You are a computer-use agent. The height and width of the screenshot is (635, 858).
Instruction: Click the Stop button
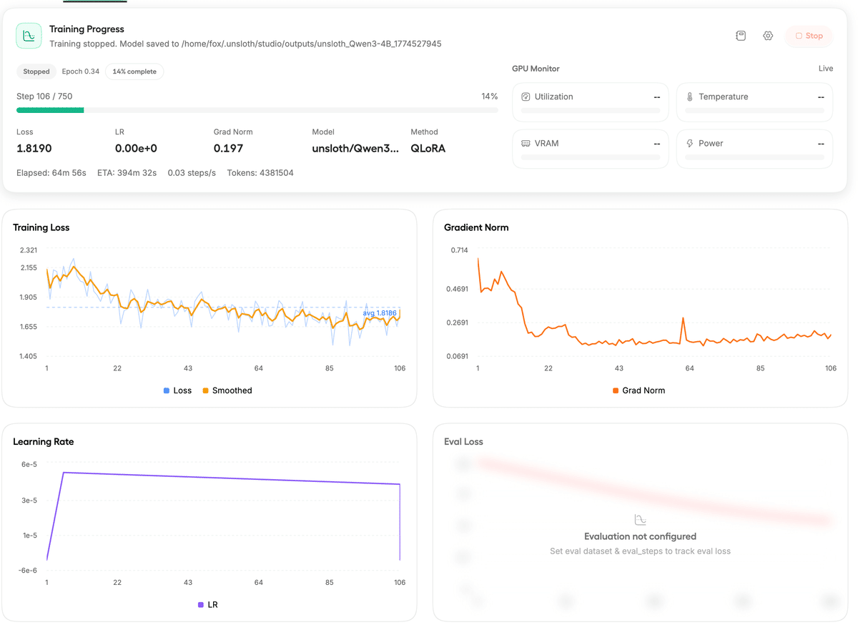809,36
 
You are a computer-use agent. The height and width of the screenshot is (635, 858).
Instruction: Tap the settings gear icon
768,36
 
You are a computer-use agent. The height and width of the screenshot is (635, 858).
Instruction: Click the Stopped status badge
36,72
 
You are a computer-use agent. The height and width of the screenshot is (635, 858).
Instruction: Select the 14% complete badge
134,72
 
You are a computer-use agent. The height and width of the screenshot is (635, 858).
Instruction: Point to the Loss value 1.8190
34,149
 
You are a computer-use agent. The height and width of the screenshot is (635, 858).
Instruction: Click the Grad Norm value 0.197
229,149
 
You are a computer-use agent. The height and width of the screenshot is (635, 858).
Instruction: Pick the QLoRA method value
428,149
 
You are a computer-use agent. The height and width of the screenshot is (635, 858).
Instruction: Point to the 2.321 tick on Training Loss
29,250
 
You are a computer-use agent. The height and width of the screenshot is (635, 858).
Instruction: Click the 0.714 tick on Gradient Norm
458,250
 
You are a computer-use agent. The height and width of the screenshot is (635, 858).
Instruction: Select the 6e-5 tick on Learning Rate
29,465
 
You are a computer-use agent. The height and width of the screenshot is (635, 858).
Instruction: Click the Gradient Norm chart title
476,227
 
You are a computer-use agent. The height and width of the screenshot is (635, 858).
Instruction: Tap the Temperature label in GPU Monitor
723,97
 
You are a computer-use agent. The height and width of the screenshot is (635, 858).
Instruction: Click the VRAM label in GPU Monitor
546,144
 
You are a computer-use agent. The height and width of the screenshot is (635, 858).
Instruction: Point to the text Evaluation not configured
640,536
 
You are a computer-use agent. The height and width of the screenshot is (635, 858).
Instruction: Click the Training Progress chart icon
29,36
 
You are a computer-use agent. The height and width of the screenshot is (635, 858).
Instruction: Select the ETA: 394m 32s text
127,173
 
